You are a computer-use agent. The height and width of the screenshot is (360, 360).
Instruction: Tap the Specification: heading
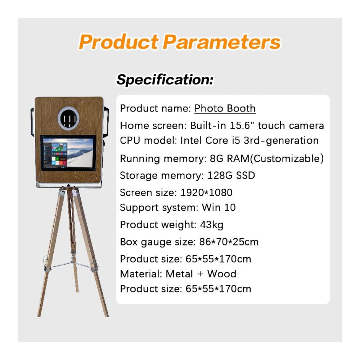pos(165,80)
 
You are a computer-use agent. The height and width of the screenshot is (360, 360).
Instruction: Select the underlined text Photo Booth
pos(225,108)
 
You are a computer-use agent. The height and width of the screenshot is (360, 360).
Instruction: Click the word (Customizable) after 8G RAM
pos(287,158)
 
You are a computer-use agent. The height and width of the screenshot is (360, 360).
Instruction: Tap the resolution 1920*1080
pos(206,192)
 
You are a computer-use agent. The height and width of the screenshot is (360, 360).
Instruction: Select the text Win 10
pos(219,208)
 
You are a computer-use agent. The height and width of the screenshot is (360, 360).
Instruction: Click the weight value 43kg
pos(211,225)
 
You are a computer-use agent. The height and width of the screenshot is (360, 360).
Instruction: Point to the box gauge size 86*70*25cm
pos(229,242)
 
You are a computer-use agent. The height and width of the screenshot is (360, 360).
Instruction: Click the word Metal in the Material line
pos(179,274)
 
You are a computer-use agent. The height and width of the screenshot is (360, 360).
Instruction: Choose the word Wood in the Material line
pos(221,274)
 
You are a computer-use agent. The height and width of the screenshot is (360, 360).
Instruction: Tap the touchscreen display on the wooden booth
pos(68,153)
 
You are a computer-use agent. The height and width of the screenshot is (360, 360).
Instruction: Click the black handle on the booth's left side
pos(32,122)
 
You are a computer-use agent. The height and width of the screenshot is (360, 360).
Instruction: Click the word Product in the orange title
pos(118,42)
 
